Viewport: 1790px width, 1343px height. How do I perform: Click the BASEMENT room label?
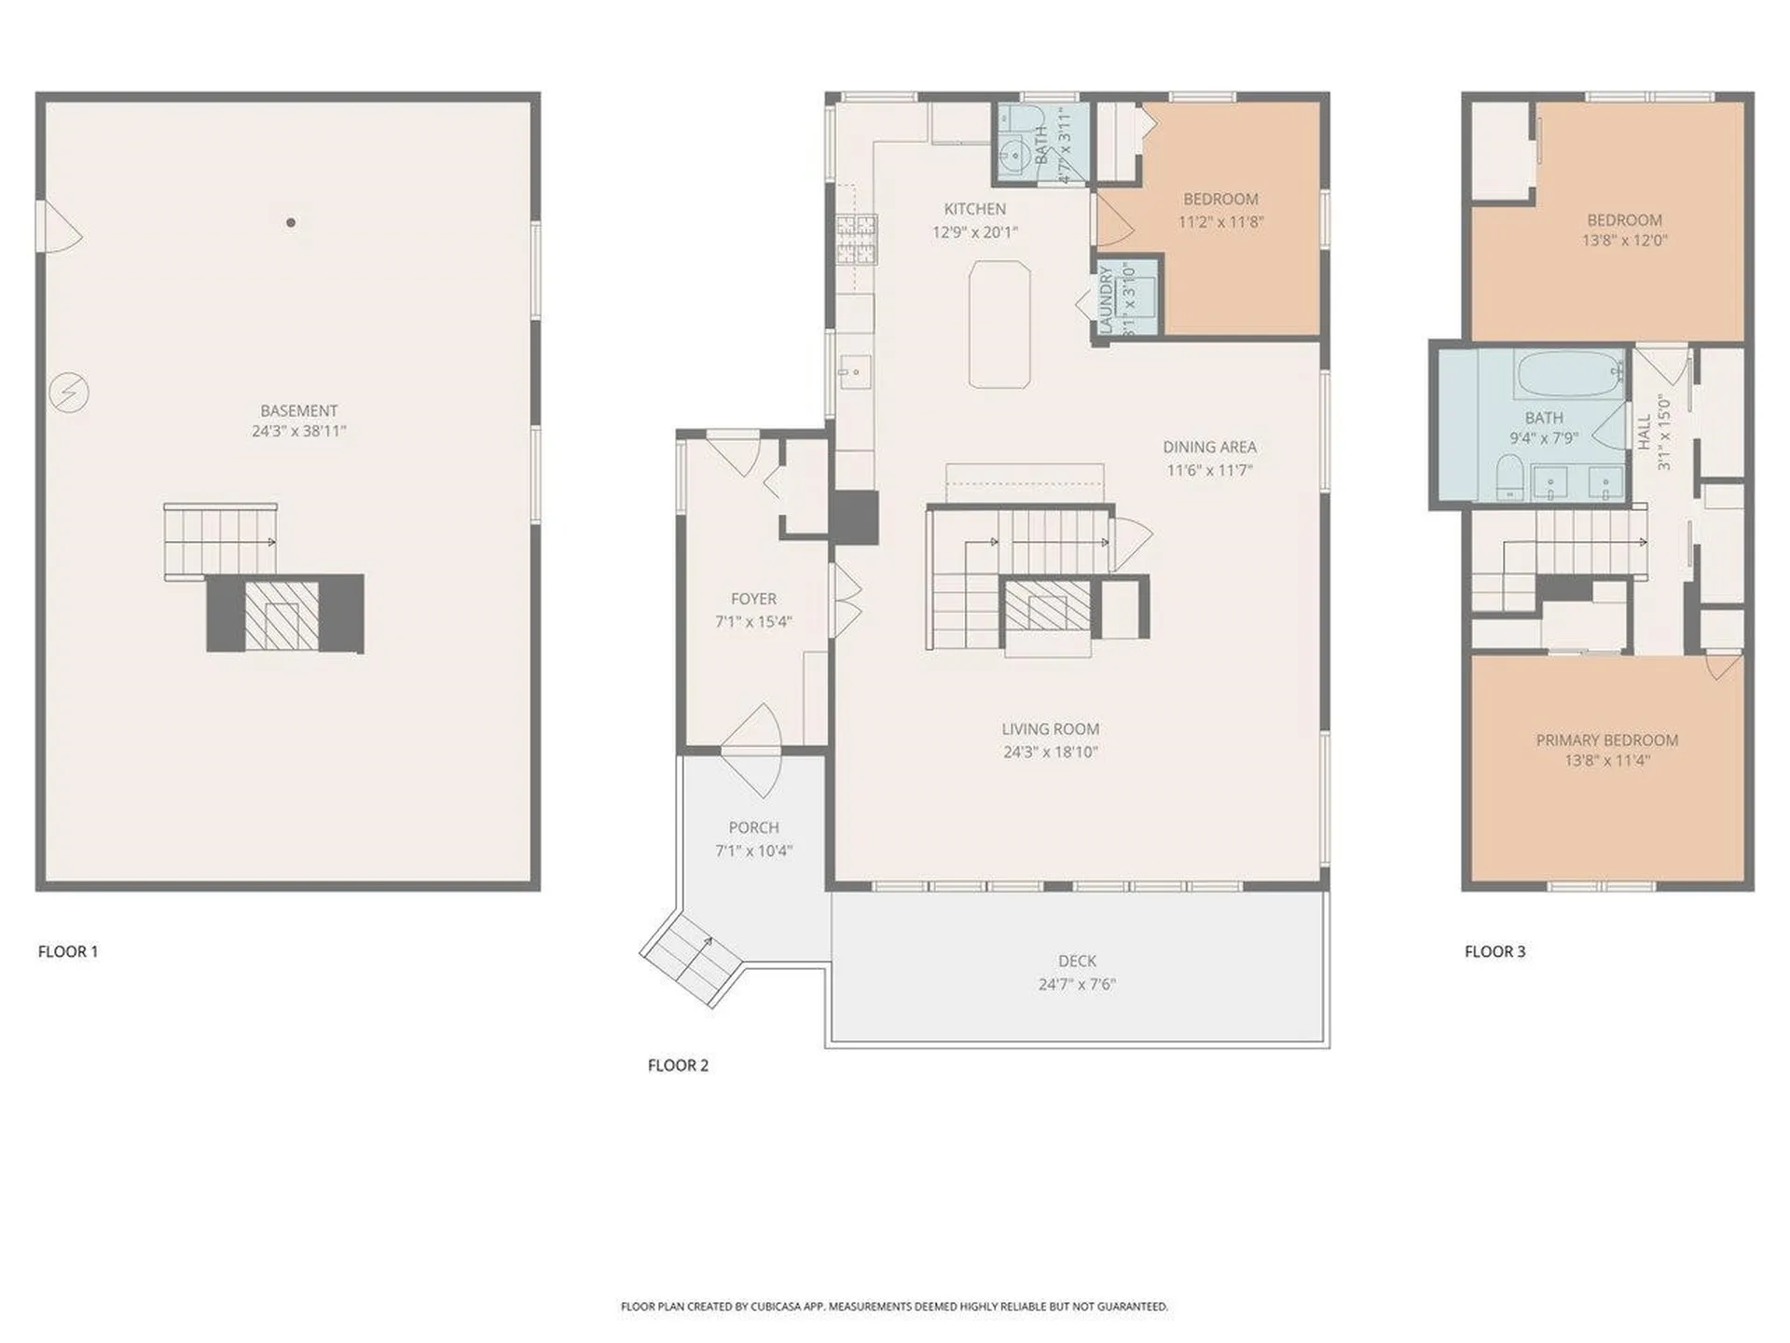point(298,410)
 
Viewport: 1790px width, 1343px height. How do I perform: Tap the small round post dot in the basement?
point(291,223)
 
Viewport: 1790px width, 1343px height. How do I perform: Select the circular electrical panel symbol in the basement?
point(69,393)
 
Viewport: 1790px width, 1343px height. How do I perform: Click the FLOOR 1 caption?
point(67,951)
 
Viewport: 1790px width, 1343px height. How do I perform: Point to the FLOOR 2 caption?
point(678,1065)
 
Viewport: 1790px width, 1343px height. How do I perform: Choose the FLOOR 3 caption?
point(1494,951)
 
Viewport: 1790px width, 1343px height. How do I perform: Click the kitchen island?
point(999,325)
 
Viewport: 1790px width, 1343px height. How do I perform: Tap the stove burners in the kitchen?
point(857,240)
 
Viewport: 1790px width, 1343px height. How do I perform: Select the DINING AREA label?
point(1209,447)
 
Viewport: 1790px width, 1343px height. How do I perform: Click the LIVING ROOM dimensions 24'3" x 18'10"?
point(1051,752)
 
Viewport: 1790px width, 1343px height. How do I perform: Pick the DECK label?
point(1077,961)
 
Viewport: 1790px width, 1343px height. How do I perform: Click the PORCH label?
point(753,827)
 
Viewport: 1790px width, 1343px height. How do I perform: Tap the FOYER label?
point(753,599)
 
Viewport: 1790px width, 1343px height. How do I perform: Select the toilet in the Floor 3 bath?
point(1508,477)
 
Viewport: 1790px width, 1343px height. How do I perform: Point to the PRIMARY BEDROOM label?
point(1607,741)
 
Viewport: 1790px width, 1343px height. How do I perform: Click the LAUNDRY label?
point(1107,299)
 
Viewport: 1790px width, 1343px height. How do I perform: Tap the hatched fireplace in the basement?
point(281,614)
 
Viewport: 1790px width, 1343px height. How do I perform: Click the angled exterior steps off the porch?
point(690,960)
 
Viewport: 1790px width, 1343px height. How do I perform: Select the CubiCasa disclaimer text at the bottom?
point(894,1307)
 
